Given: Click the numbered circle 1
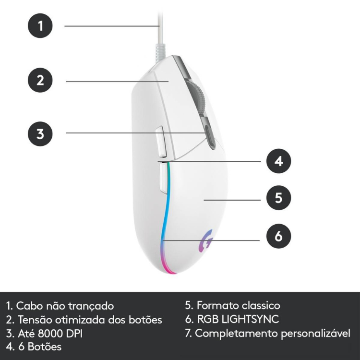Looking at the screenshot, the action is tap(40, 25).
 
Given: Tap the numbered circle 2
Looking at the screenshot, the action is tap(40, 80).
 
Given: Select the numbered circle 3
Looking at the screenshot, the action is tap(40, 134).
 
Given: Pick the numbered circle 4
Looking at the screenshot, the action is tap(278, 161).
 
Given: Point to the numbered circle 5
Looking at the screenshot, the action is tap(278, 198).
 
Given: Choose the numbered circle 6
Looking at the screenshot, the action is tap(278, 236).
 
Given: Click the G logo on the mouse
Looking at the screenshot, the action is tap(206, 241).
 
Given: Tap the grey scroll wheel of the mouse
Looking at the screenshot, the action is tap(197, 96).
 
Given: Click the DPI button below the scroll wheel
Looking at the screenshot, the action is tap(210, 137).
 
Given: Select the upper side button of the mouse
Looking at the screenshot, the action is tap(161, 142).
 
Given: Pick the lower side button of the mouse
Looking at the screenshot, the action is tap(164, 177).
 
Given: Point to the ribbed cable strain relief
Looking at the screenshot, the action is tap(160, 53).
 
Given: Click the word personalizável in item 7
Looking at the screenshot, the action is tap(316, 334).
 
